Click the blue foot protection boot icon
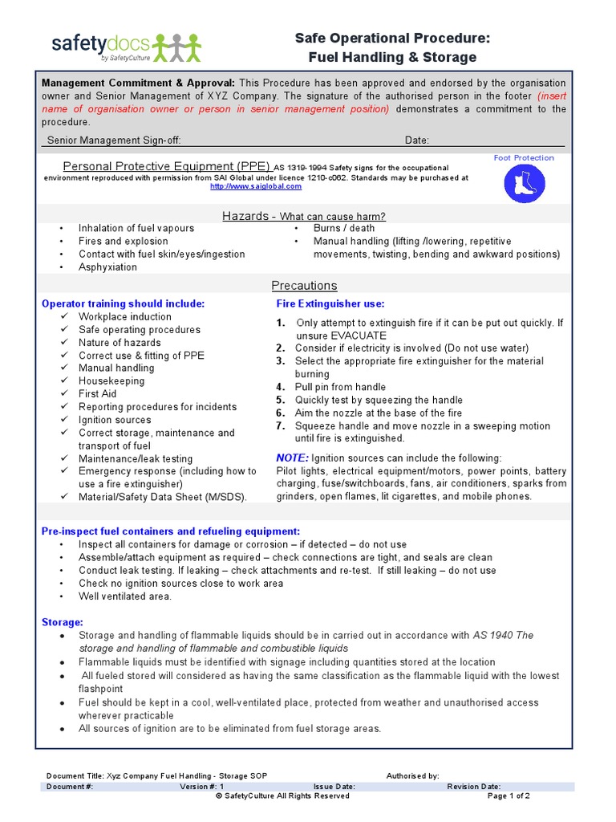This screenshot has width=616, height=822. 524,183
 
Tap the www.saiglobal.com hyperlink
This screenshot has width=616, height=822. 256,186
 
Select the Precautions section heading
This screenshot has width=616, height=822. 304,286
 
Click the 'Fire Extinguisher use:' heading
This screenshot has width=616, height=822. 330,304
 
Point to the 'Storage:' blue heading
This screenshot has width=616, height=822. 63,622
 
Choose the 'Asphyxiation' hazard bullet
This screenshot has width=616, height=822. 107,267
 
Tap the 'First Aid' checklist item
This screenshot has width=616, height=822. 97,394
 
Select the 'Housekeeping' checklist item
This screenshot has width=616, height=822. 111,381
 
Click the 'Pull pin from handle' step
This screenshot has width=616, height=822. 340,387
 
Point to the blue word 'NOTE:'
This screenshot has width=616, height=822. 292,458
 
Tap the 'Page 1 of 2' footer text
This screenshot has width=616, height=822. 509,796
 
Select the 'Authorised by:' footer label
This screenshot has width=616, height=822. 412,776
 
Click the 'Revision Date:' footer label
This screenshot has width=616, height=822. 474,787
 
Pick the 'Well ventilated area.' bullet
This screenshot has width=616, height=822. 125,596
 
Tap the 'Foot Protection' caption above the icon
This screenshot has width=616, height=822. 524,158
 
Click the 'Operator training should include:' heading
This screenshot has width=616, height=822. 123,304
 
